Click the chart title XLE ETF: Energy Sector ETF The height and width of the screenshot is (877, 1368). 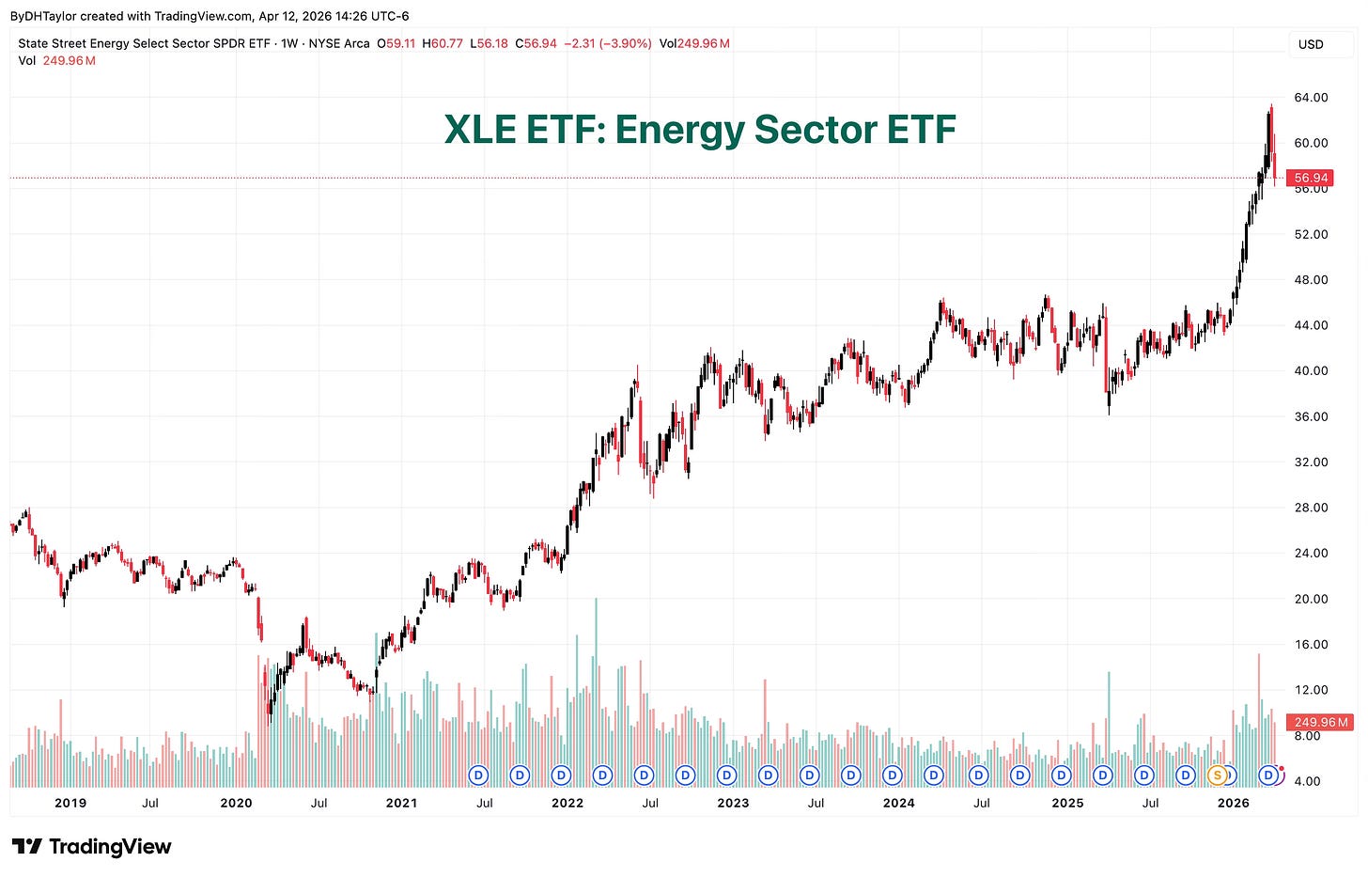700,130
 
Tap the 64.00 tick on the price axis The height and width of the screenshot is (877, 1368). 1311,97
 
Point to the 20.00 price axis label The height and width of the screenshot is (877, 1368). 1311,599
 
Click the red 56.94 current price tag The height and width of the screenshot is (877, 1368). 1310,178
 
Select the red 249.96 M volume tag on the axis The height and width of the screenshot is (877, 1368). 1320,722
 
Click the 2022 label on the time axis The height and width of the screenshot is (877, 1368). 567,803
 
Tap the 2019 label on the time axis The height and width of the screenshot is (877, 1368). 70,803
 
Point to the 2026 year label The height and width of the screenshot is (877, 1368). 1233,803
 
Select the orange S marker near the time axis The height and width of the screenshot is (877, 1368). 1217,775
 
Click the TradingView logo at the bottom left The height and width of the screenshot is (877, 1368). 91,847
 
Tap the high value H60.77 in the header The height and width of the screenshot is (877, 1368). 443,43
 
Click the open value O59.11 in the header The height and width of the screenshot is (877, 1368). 396,43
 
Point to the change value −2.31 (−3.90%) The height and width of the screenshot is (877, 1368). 608,43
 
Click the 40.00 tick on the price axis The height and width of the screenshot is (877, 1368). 1311,370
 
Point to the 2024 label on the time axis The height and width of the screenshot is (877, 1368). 898,803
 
